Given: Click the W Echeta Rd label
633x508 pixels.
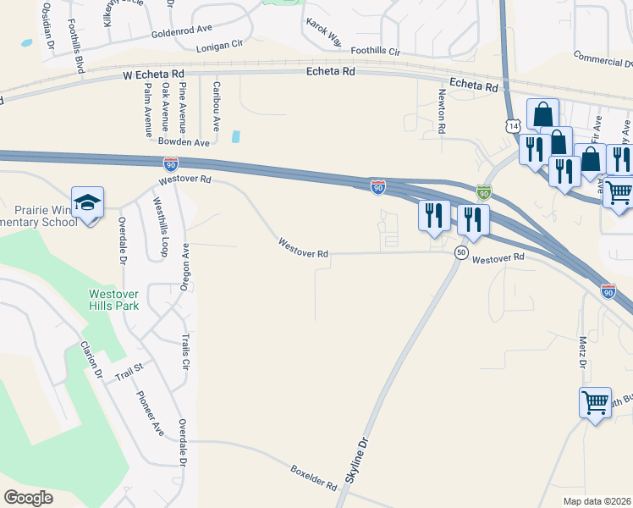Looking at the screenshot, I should coord(153,75).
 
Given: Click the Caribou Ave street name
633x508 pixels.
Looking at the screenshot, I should coord(217,105).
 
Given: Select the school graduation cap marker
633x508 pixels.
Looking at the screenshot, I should coord(87,202).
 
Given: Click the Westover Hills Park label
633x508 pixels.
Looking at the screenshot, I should coord(114,300).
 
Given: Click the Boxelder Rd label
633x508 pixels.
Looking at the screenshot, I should coord(313,477).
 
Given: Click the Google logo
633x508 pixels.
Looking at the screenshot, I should coord(28,498).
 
